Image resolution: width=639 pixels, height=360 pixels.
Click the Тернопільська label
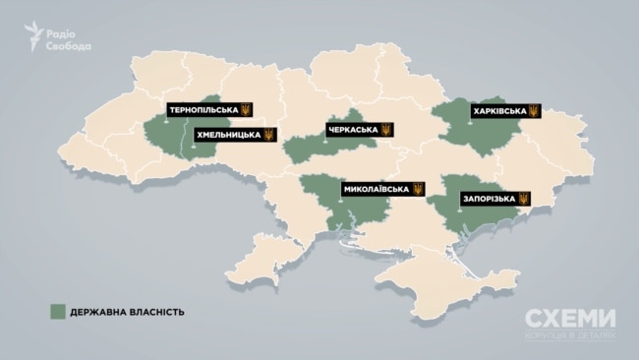tap(202, 108)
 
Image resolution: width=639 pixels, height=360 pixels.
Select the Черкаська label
tap(353, 130)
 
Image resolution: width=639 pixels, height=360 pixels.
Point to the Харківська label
tap(496, 111)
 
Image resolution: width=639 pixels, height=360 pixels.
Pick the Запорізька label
tap(488, 199)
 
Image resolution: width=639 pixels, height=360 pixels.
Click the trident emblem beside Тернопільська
tap(246, 108)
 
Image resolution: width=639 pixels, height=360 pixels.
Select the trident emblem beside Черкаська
tap(386, 130)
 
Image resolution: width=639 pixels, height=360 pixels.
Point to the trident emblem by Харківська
tap(534, 111)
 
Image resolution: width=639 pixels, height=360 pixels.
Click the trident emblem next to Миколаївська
tap(419, 188)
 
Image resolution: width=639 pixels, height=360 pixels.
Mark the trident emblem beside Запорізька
tap(524, 199)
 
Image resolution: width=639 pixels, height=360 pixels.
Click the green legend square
tap(58, 312)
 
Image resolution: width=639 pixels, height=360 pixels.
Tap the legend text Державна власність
tap(128, 312)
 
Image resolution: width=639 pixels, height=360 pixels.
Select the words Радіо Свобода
tap(70, 36)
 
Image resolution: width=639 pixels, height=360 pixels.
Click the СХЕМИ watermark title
tap(569, 320)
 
